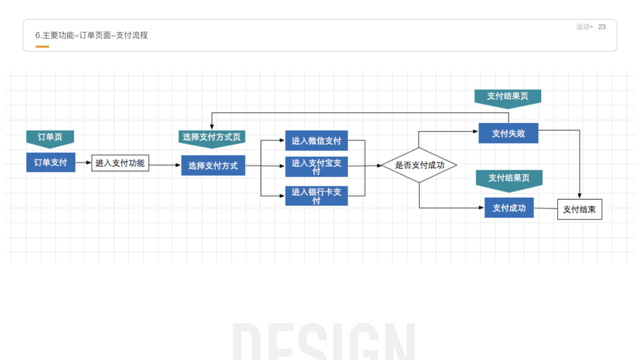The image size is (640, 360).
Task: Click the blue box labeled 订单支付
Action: coord(50,163)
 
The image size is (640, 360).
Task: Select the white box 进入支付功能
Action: coord(120,163)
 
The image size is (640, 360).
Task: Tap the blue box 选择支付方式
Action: coord(213,166)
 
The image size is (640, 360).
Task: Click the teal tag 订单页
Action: coord(50,137)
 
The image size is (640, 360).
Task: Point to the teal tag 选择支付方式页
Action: coord(212,137)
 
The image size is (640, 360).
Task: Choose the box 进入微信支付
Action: coord(316,141)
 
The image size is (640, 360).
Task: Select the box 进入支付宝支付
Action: coord(316,167)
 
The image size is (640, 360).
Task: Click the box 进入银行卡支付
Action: coord(316,196)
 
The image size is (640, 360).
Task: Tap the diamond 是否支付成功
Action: coord(419,165)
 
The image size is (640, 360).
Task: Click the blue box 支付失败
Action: coord(508,133)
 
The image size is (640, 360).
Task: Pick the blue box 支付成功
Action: coord(509,208)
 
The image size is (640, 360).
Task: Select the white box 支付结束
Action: coord(579,209)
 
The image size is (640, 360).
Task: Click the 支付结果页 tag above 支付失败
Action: coord(507,97)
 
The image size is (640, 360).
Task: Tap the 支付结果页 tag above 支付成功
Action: coord(509,178)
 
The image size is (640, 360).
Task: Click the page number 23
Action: coord(602,27)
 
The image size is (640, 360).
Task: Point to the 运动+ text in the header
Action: coord(584,27)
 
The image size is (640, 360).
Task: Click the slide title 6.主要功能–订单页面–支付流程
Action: coord(91,35)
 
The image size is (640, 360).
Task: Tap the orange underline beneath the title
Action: coord(42,46)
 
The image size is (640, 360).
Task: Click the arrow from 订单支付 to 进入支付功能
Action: coord(83,163)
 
